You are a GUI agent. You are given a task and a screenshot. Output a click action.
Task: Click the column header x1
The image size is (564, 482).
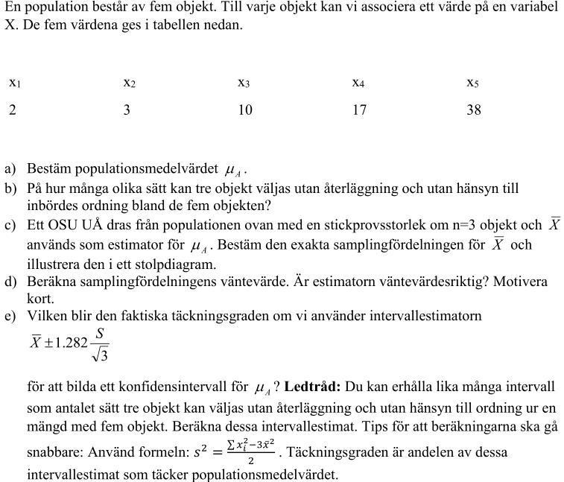[14, 83]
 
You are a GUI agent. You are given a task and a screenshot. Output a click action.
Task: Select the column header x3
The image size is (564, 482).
[244, 83]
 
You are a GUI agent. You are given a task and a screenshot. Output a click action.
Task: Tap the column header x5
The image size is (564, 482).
[472, 83]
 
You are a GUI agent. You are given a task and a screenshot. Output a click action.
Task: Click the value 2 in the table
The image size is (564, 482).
[13, 110]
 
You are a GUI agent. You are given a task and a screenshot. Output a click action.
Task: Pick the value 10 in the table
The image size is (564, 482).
[245, 110]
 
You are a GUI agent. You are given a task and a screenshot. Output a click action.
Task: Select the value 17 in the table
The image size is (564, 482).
[360, 110]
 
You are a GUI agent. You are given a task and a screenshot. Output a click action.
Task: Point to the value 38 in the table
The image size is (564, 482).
[474, 110]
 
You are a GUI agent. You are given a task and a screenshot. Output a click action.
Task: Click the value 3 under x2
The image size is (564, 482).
[127, 110]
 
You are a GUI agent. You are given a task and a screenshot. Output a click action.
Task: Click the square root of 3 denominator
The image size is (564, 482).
[99, 355]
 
